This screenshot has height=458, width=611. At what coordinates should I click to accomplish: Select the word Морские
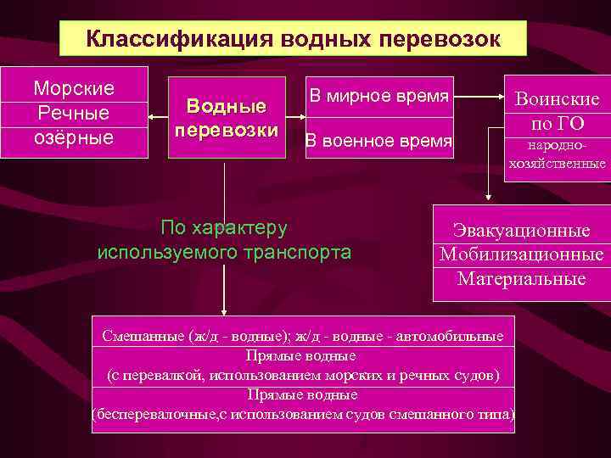(x=74, y=88)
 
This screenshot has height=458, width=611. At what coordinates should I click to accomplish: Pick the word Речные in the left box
(x=74, y=113)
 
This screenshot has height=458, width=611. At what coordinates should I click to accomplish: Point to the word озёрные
(x=74, y=137)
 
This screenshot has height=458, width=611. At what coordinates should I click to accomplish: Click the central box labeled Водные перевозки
(x=227, y=119)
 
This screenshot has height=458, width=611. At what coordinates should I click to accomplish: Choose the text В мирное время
(x=378, y=96)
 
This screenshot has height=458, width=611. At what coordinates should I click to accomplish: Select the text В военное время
(x=378, y=141)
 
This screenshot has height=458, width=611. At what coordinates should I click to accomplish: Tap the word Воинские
(x=558, y=99)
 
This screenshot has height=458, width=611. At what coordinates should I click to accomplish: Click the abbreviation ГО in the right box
(x=570, y=124)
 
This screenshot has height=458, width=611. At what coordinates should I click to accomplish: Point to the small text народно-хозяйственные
(x=558, y=155)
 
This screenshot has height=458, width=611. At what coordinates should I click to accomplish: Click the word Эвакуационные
(x=522, y=230)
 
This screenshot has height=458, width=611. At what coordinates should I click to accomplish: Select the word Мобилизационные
(x=522, y=254)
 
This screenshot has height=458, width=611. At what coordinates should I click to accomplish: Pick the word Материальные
(x=522, y=278)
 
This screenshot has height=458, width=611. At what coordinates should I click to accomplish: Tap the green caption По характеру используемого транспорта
(x=224, y=240)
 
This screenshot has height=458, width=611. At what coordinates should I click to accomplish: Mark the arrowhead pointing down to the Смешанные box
(x=224, y=310)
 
